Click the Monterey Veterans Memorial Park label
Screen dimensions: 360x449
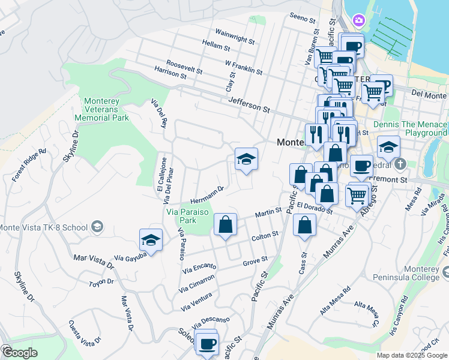pos(107,109)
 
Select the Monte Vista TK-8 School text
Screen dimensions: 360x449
pos(43,227)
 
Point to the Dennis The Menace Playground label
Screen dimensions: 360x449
pos(409,128)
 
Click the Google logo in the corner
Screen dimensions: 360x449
pos(19,353)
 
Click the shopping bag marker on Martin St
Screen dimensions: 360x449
pos(225,226)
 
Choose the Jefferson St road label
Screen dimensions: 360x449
pos(249,106)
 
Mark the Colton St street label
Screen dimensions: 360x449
pos(264,235)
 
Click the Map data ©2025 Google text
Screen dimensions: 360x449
pos(412,355)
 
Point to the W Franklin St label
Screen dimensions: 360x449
pos(243,67)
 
